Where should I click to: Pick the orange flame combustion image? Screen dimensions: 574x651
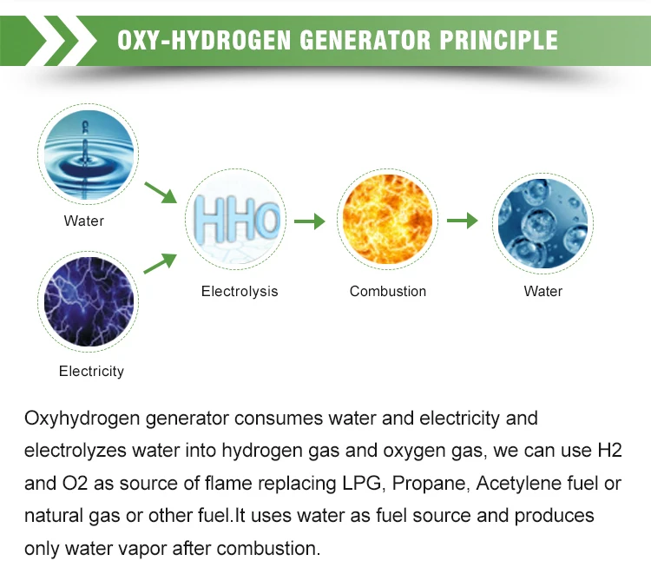pyautogui.click(x=387, y=220)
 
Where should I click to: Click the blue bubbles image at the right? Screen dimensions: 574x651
pyautogui.click(x=542, y=220)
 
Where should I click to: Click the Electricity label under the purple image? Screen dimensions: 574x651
pyautogui.click(x=91, y=371)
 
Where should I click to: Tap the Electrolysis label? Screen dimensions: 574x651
pyautogui.click(x=240, y=291)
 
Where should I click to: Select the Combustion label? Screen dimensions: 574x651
pyautogui.click(x=388, y=291)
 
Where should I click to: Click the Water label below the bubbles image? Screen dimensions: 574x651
pyautogui.click(x=543, y=291)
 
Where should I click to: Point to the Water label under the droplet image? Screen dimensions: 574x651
pyautogui.click(x=84, y=221)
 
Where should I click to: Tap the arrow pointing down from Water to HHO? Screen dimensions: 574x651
pyautogui.click(x=161, y=192)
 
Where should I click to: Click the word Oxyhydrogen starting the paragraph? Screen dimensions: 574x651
pyautogui.click(x=81, y=419)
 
